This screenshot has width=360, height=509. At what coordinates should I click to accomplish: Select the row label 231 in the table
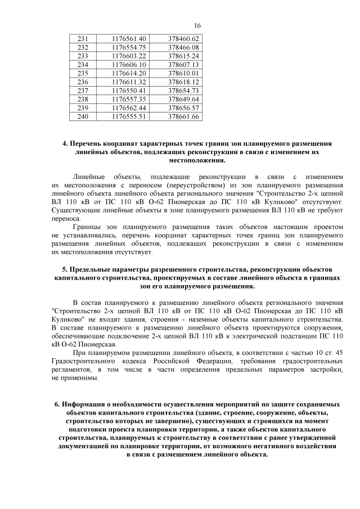[83, 38]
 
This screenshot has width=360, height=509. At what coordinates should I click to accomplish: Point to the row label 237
[83, 91]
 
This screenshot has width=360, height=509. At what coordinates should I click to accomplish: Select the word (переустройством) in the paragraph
[190, 184]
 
